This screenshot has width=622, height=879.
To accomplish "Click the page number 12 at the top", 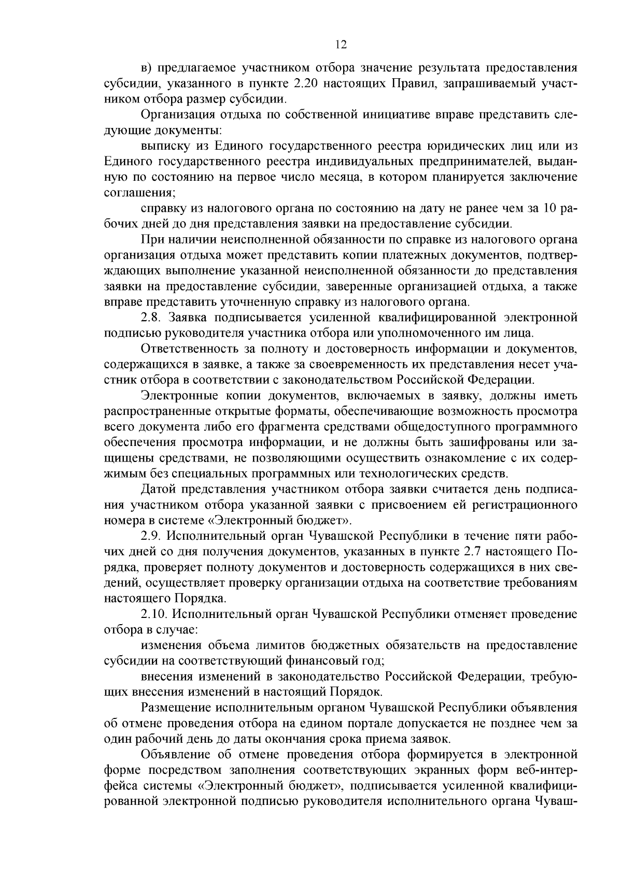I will pyautogui.click(x=341, y=45).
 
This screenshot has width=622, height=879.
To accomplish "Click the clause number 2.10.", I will pyautogui.click(x=153, y=614).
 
